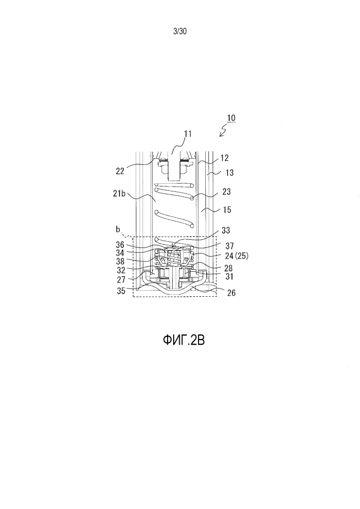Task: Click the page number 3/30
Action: click(x=180, y=31)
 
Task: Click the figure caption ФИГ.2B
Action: click(x=184, y=340)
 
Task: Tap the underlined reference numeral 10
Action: click(x=231, y=118)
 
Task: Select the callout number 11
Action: click(x=187, y=134)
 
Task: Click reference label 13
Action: click(x=229, y=173)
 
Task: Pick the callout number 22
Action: click(x=120, y=171)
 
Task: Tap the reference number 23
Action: click(x=226, y=192)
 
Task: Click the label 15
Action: click(x=227, y=210)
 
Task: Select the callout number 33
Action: click(x=226, y=231)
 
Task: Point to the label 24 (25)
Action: click(x=237, y=256)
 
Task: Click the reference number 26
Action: click(x=232, y=293)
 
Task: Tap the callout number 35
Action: click(x=121, y=291)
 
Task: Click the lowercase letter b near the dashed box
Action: click(x=118, y=230)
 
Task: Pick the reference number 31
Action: click(x=230, y=276)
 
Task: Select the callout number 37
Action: click(x=230, y=246)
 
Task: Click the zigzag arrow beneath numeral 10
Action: click(x=224, y=131)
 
